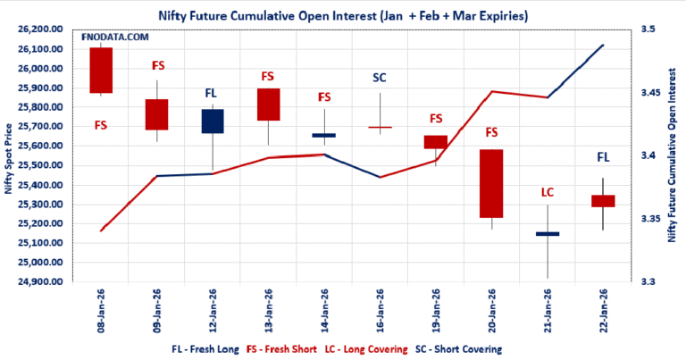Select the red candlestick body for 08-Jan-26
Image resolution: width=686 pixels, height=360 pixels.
click(x=101, y=70)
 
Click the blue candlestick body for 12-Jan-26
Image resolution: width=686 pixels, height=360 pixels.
click(x=213, y=121)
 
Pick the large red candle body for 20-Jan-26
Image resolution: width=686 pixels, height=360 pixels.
click(x=491, y=183)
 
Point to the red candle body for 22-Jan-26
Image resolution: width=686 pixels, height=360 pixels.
click(x=603, y=201)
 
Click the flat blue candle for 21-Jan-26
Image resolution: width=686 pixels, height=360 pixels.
click(x=547, y=234)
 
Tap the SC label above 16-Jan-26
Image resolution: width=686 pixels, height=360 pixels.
click(x=380, y=78)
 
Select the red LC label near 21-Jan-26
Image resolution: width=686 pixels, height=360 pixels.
click(x=548, y=192)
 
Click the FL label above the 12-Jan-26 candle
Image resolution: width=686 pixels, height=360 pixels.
click(x=213, y=92)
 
